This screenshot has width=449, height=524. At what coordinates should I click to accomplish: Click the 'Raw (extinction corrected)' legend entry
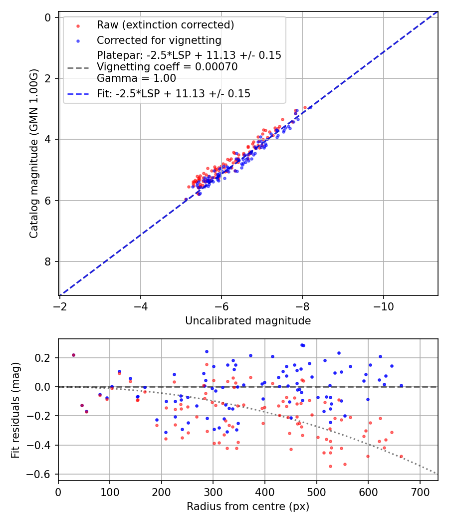coord(165,25)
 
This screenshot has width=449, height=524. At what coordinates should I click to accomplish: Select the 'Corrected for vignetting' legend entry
coord(159,40)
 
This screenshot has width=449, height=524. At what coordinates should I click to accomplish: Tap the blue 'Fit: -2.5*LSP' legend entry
coord(173,93)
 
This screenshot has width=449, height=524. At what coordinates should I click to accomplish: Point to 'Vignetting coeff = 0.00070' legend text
coord(167,67)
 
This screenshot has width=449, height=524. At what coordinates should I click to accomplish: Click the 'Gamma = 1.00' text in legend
coord(136,78)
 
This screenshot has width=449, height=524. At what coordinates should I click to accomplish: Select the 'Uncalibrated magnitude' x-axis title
coord(248,321)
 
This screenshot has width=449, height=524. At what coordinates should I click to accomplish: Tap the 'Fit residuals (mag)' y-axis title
coord(15,409)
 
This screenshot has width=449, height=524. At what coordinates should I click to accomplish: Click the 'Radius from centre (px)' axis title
coord(248,507)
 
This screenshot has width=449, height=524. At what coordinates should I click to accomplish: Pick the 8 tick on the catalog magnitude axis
coord(48,262)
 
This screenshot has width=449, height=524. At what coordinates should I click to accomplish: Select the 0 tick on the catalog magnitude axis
coord(48,17)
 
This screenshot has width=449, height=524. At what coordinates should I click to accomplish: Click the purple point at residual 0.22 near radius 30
coord(73,355)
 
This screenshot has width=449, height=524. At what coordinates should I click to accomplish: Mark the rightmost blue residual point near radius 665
coord(401,385)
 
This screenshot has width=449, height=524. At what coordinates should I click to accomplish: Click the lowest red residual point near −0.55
coord(330,466)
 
